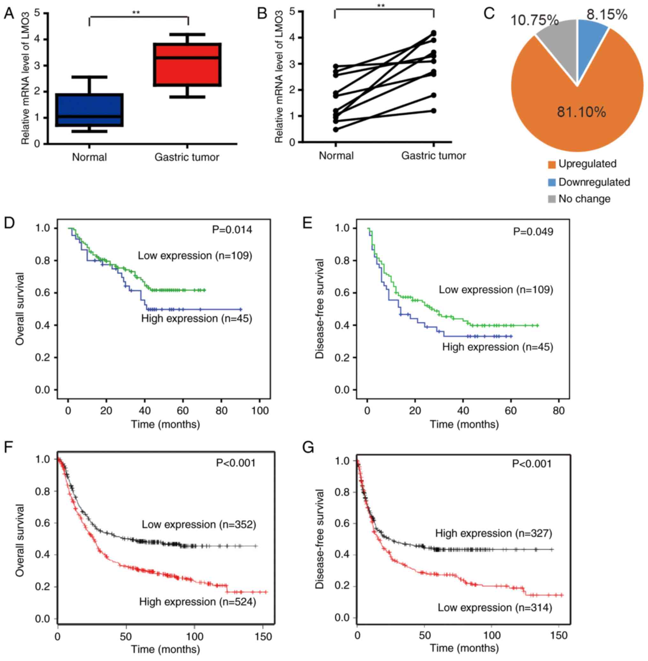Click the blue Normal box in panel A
90,110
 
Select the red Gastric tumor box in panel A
187,65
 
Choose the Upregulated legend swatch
552,165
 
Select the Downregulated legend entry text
594,182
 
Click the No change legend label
584,199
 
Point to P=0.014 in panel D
232,230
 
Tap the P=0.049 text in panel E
533,232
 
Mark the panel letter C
489,14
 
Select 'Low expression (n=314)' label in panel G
495,607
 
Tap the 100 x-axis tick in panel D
260,410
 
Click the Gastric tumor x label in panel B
433,156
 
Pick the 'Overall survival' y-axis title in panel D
20,309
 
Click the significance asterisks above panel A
136,13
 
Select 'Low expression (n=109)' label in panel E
496,290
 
